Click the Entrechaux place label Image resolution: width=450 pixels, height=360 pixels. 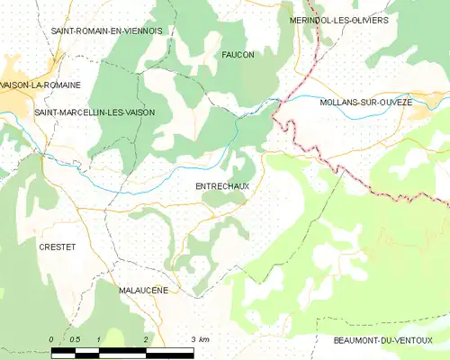coord(221,185)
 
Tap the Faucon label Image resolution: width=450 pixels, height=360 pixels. coord(238,55)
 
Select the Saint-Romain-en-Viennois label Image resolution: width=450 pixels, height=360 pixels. coord(106,31)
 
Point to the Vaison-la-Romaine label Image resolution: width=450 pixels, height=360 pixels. coord(41,85)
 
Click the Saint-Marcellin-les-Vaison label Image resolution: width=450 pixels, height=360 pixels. coord(94,112)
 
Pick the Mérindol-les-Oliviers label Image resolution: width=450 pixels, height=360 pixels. coord(339,20)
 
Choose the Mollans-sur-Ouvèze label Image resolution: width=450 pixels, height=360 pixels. coord(366,103)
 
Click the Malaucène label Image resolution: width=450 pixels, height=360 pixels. coord(143,292)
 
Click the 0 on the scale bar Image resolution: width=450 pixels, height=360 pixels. coord(51,339)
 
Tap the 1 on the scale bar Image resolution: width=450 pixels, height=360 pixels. coord(98,339)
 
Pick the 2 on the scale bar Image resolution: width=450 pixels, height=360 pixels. coord(145,339)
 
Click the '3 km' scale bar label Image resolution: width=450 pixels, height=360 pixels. coord(200,339)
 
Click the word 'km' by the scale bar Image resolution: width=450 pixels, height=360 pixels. coord(204,339)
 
